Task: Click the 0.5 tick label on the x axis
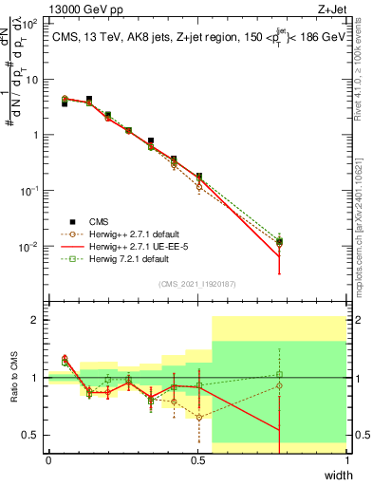197,460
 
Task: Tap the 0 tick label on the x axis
48,460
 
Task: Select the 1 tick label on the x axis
347,460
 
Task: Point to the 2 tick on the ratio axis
34,320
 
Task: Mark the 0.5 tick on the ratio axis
29,435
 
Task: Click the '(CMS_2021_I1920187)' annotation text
197,283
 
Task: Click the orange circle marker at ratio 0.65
198,417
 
